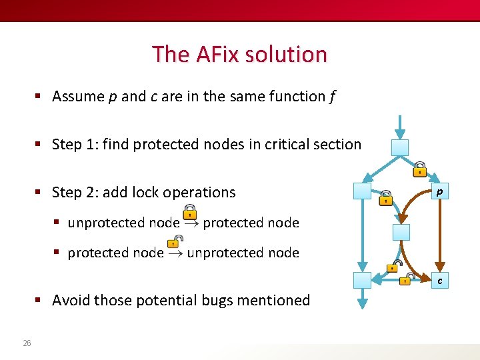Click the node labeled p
click(439, 192)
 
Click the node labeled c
click(439, 281)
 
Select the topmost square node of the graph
click(399, 148)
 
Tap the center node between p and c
click(401, 232)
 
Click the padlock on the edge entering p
click(419, 169)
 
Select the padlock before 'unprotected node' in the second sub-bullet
click(175, 250)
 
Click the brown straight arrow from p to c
click(439, 237)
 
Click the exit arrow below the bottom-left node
click(362, 298)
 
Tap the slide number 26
click(27, 343)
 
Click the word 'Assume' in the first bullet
click(77, 97)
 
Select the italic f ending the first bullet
click(332, 97)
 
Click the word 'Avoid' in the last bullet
click(71, 301)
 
